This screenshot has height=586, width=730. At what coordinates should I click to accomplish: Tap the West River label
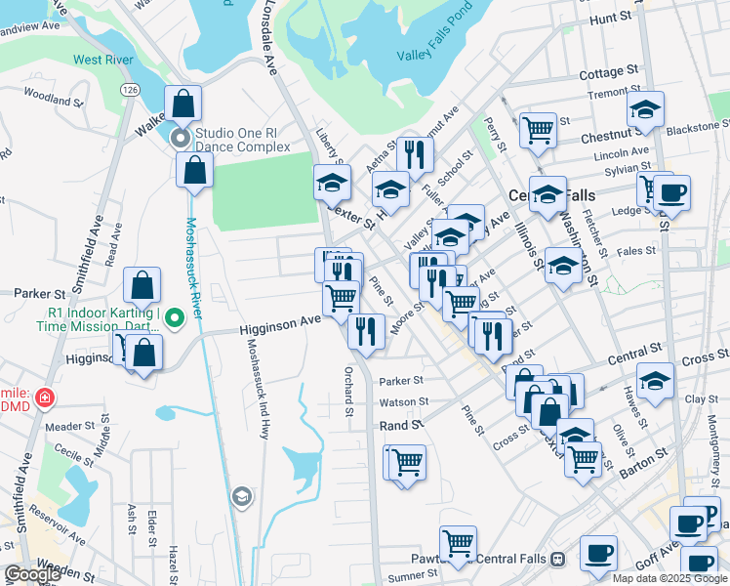[x=101, y=60]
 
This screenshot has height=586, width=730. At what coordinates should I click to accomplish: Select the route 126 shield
[x=130, y=89]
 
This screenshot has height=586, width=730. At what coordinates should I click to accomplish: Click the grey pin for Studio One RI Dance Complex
[x=181, y=138]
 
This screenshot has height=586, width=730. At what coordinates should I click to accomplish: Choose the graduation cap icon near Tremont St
[x=645, y=109]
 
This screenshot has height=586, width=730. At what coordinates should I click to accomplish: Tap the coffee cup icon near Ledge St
[x=671, y=191]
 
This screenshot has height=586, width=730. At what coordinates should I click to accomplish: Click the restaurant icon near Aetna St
[x=416, y=152]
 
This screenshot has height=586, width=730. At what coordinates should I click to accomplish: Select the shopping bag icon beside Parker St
[x=142, y=285]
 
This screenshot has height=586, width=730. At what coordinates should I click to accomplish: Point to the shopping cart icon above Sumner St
[x=457, y=542]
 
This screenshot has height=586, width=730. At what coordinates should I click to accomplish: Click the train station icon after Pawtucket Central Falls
[x=557, y=560]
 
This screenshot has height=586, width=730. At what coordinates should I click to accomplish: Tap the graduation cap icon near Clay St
[x=655, y=381]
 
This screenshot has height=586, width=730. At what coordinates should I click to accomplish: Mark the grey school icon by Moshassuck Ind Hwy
[x=240, y=498]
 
